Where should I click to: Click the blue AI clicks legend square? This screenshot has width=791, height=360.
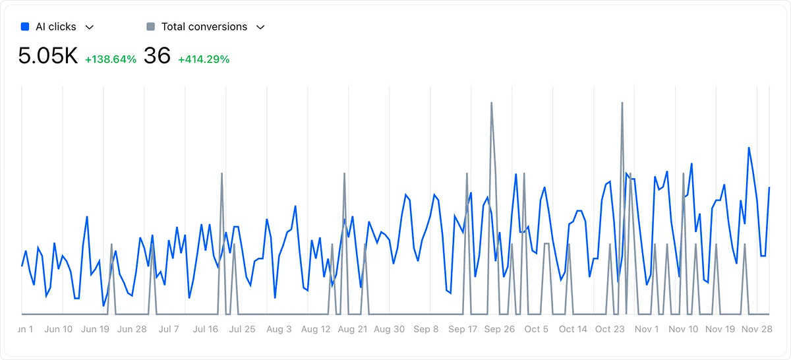[25, 27]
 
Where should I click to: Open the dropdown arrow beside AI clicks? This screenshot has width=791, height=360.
[90, 27]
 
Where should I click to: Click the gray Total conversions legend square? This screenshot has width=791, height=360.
[151, 27]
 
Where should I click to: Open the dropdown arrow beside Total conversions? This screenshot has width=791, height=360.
[260, 27]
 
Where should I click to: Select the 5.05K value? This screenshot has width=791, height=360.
[48, 56]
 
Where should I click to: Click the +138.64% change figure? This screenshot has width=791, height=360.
[111, 59]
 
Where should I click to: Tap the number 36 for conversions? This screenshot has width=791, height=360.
[157, 56]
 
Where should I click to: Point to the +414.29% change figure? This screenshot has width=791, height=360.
[204, 59]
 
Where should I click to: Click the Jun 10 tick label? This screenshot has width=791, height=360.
[59, 329]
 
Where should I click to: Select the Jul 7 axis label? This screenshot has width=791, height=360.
[169, 329]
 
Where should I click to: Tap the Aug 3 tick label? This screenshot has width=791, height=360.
[279, 329]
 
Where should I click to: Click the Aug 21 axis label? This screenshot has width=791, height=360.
[353, 329]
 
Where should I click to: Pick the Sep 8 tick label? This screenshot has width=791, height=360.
[426, 329]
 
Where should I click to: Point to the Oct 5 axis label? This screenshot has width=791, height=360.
[536, 329]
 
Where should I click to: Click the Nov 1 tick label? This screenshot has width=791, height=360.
[647, 329]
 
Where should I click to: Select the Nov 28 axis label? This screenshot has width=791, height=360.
[757, 329]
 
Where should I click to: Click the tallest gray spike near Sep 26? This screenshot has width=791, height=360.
[491, 104]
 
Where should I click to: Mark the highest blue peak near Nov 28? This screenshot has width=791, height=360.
[749, 148]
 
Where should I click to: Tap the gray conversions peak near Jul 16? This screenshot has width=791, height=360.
[221, 174]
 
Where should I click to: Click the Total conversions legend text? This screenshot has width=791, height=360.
[204, 27]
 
